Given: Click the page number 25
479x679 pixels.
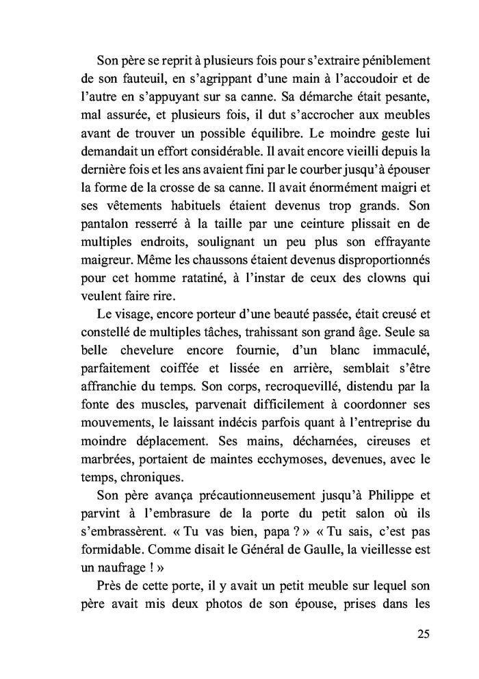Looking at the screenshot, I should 422,634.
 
